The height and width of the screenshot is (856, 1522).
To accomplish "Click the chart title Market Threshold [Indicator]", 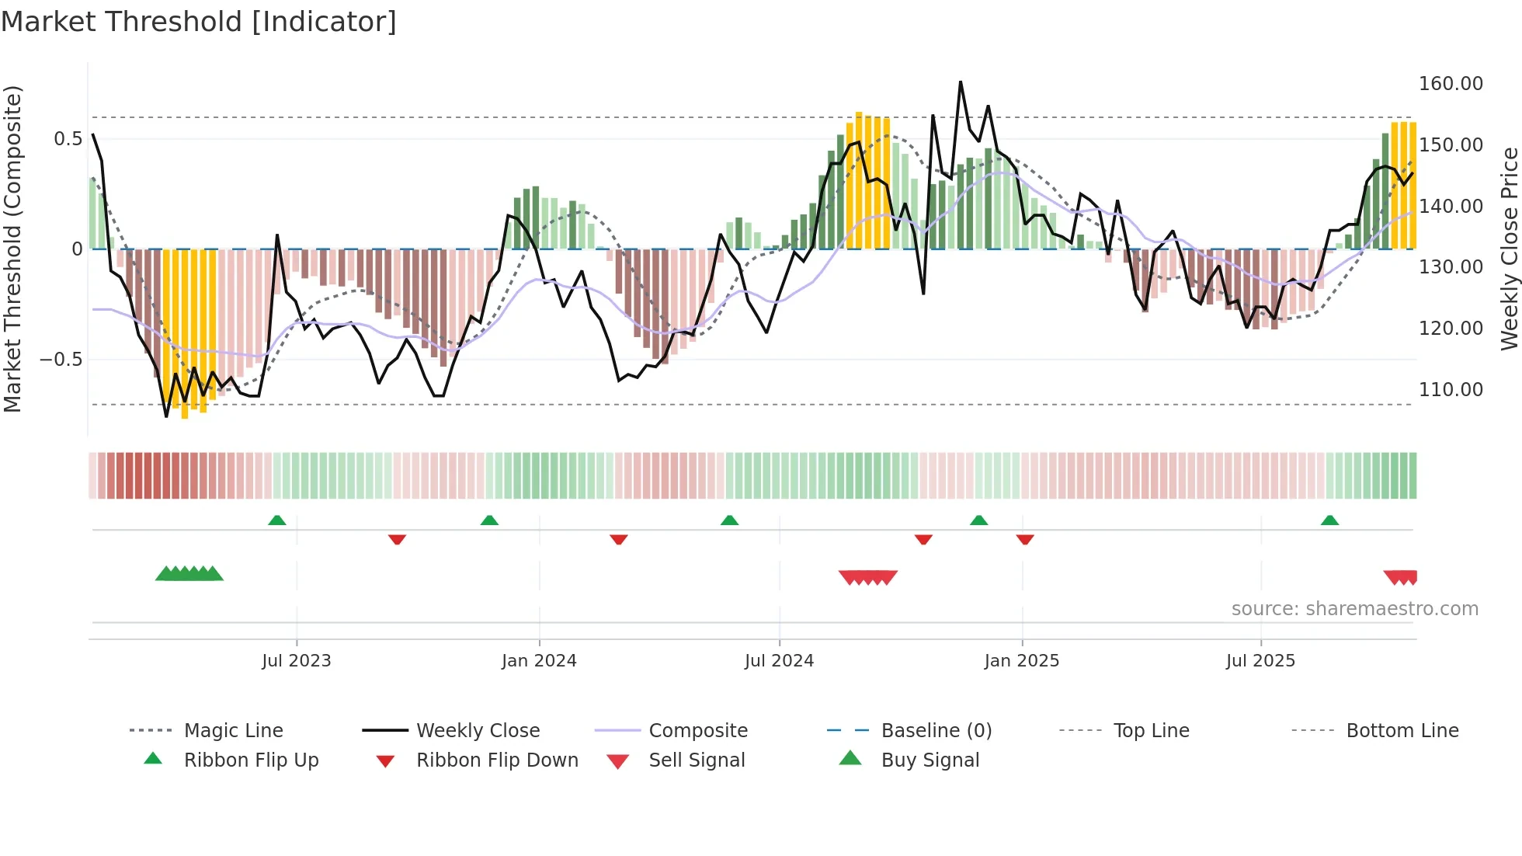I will [x=199, y=22].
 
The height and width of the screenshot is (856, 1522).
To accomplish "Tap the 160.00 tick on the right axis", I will [x=1450, y=84].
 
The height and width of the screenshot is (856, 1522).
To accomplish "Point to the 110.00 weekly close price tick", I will [x=1450, y=389].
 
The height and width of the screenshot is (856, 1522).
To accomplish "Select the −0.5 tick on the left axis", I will [x=61, y=360].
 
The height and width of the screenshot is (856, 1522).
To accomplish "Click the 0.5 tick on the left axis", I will [x=68, y=139].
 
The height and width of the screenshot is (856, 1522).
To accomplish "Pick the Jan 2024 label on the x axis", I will [x=539, y=661].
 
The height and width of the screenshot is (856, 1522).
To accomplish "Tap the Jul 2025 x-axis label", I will [x=1260, y=661].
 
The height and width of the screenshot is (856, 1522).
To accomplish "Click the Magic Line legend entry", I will [x=233, y=731].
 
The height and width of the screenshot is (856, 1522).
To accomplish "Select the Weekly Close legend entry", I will [x=478, y=731].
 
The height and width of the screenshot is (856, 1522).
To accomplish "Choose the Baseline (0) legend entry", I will [x=936, y=731].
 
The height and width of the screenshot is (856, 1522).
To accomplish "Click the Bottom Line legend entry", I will [x=1402, y=731].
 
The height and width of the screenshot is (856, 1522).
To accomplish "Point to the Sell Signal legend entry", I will [x=697, y=760].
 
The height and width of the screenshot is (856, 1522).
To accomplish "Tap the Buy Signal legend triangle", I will [x=850, y=758].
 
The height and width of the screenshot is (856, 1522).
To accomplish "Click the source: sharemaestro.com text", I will [x=1354, y=609].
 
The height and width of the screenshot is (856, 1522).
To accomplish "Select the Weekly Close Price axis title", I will [x=1509, y=249].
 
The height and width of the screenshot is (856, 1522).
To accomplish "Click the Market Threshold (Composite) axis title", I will [x=12, y=249].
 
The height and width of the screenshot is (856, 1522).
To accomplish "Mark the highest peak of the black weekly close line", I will [x=961, y=82].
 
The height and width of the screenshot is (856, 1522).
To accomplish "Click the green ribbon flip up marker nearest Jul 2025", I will [x=1329, y=520].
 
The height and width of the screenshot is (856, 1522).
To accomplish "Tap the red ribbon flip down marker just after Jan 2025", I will [x=1025, y=539].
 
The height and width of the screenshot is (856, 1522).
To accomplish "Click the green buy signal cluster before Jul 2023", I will [x=189, y=574].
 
